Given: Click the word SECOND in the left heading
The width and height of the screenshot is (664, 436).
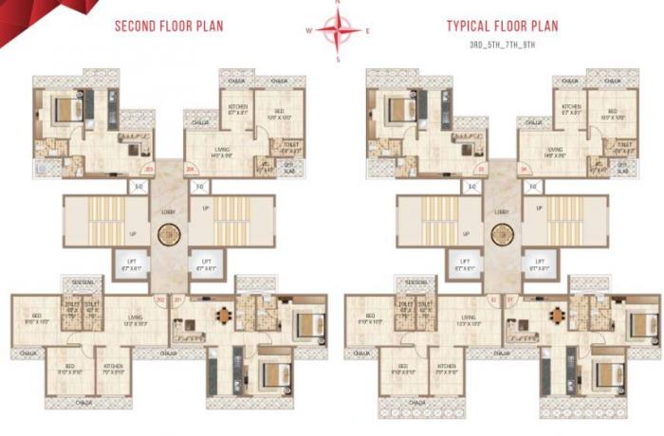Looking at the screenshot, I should [x=137, y=26].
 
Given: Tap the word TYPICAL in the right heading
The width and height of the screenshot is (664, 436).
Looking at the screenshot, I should [x=470, y=26].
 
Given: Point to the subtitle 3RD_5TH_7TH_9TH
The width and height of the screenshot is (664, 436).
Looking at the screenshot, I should [x=504, y=45].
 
